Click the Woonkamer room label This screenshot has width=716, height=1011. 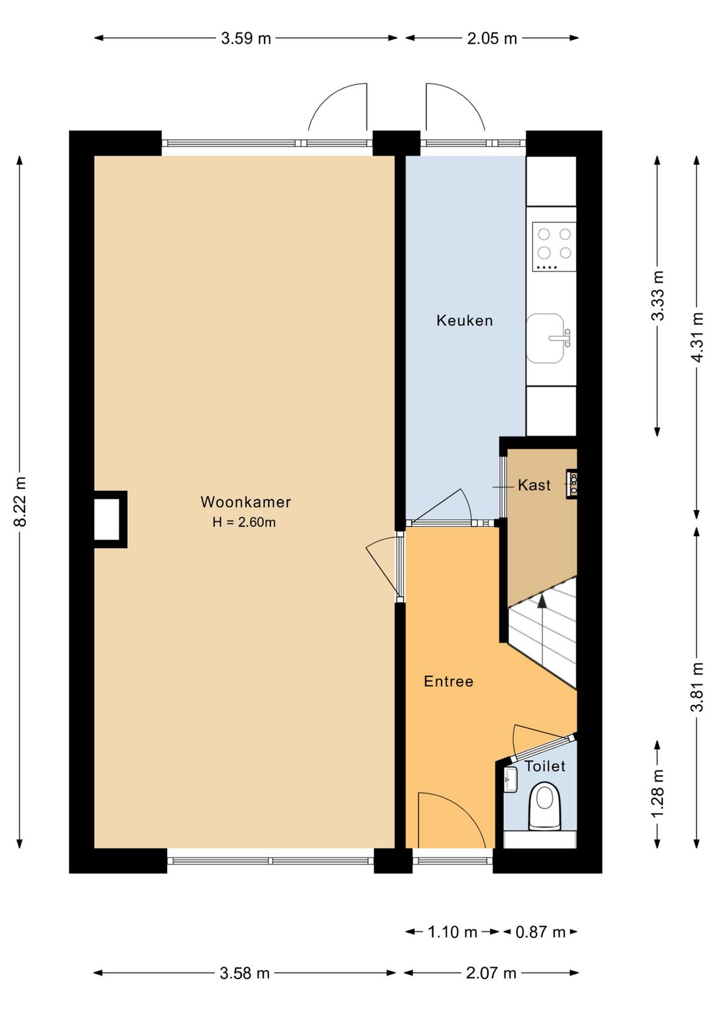coord(245,502)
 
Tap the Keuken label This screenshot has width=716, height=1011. coord(464,321)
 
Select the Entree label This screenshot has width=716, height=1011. coord(449,681)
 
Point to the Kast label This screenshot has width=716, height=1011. coord(534,485)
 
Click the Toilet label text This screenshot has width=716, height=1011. coord(545,766)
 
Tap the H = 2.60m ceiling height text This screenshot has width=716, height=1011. coord(245,522)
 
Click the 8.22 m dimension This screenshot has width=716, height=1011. coord(21,502)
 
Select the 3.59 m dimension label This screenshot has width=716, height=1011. coord(246,38)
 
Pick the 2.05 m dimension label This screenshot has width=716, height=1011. coord(492,38)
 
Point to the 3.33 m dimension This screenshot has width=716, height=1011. coord(658,295)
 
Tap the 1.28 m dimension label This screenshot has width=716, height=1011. coord(658,794)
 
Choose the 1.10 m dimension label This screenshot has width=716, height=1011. coord(452,931)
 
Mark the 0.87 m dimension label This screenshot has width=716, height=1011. coord(540,931)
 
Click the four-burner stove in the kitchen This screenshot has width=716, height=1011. coord(554,246)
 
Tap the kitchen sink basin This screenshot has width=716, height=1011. coord(546,338)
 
